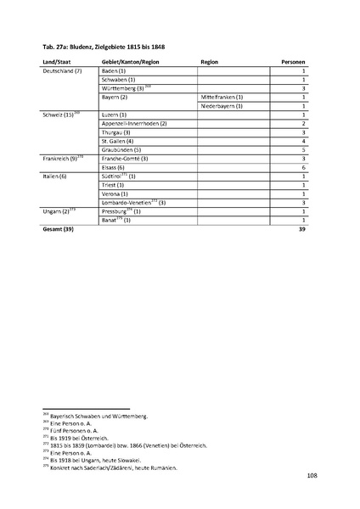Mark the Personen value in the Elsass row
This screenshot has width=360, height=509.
point(303,167)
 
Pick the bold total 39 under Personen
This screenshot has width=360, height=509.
point(301,229)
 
